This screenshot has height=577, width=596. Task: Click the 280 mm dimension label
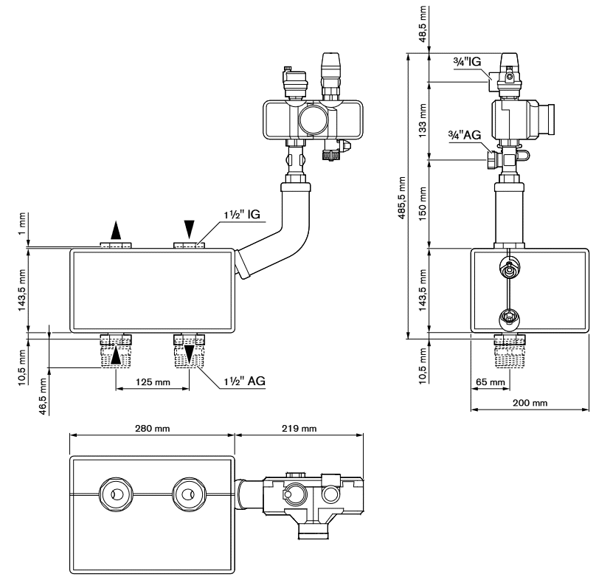tap(152, 429)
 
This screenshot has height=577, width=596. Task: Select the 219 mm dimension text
tap(299, 429)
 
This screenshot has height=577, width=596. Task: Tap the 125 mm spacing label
tap(153, 382)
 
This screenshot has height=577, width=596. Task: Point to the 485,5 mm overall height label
tap(401, 198)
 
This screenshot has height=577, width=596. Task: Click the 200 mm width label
tap(530, 403)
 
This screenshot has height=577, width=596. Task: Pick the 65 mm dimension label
tap(490, 382)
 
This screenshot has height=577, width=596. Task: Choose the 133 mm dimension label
tap(423, 121)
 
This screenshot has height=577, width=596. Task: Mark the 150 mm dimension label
tap(423, 204)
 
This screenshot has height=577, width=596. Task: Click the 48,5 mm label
tap(423, 24)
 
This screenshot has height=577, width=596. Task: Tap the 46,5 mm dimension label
tap(42, 396)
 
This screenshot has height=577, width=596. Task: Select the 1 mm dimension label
tap(22, 224)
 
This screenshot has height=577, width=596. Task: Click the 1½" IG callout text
tap(242, 215)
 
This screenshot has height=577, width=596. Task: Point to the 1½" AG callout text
tap(244, 381)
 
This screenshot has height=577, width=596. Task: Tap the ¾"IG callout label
tap(467, 61)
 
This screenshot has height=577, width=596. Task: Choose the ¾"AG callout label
tap(465, 135)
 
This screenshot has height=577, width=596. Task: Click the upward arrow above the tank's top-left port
tap(116, 230)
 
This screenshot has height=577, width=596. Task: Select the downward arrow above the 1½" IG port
tap(190, 229)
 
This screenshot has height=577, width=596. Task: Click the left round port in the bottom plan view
tap(116, 494)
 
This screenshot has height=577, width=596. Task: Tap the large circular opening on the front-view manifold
tap(313, 120)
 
